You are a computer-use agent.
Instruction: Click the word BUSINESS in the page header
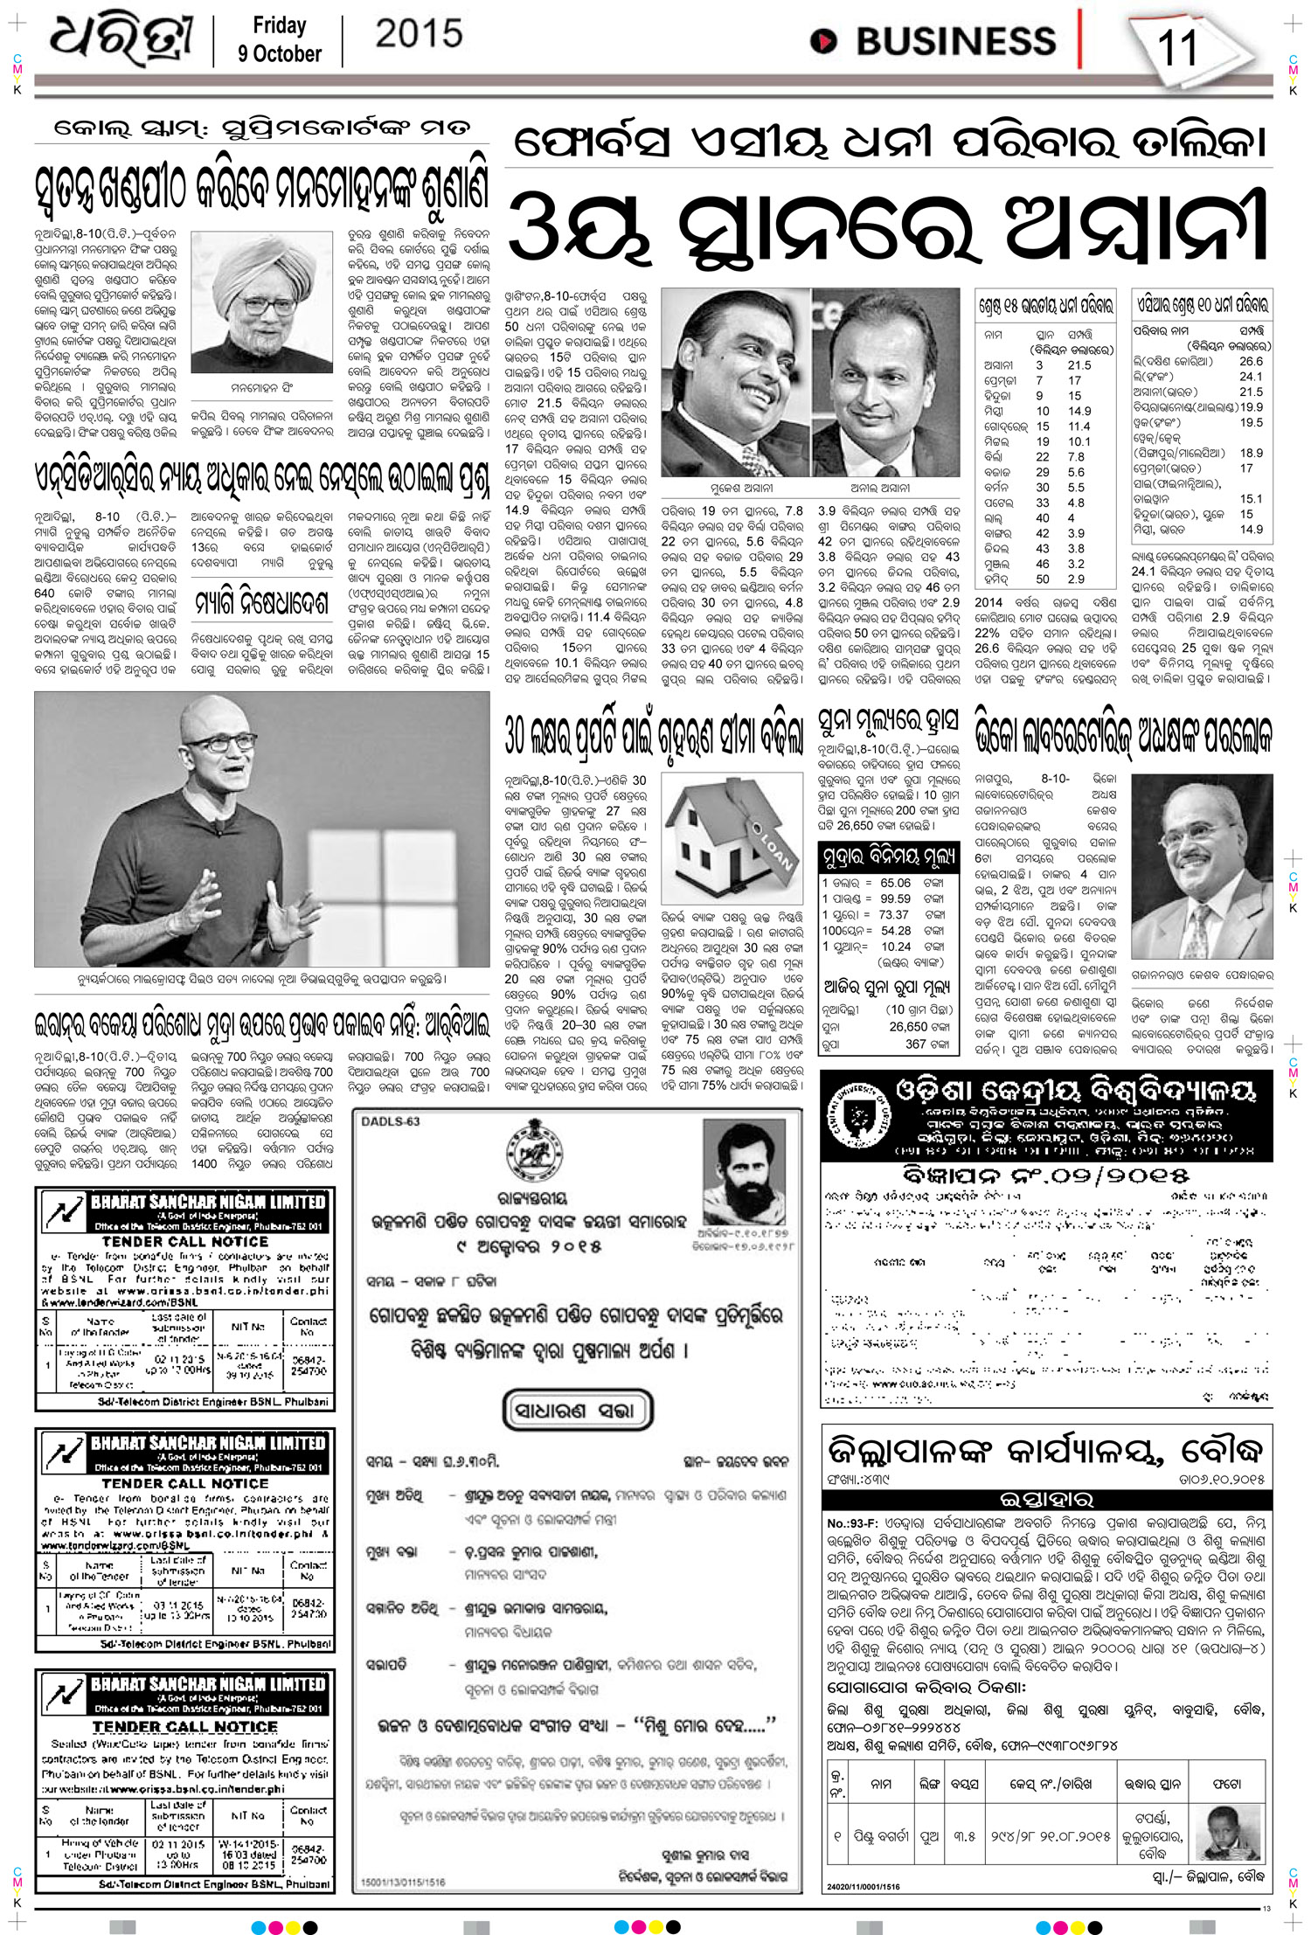point(955,41)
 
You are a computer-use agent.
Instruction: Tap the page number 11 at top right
point(1176,48)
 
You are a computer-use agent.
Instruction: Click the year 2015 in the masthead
point(419,34)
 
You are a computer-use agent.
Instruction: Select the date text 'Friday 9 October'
point(279,40)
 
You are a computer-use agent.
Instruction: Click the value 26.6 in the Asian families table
point(1251,361)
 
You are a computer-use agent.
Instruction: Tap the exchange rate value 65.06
point(895,883)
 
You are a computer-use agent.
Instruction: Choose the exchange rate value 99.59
point(895,898)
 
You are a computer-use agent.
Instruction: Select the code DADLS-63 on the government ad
point(391,1121)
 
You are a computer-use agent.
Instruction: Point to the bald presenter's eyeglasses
point(225,744)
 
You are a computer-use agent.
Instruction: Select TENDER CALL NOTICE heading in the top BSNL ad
point(184,1241)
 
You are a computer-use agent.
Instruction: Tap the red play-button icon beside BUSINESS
point(822,41)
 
